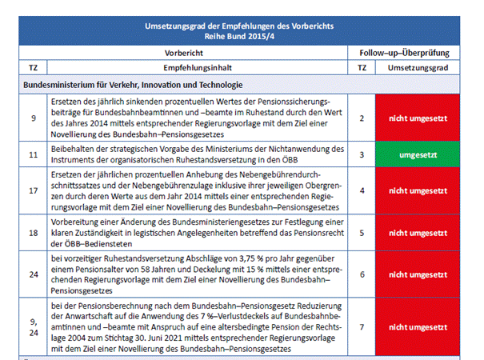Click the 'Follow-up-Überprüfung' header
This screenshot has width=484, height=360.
tap(406, 53)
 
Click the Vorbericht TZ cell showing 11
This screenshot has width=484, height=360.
tap(33, 150)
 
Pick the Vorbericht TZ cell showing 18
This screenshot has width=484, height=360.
tap(33, 233)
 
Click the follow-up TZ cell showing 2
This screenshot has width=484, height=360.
tap(362, 118)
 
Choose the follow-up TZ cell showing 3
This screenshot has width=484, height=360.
tap(362, 150)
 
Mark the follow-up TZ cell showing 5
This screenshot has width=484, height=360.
tap(362, 233)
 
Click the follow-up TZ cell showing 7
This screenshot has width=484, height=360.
tap(362, 326)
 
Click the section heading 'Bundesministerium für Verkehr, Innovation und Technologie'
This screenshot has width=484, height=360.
tap(136, 84)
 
